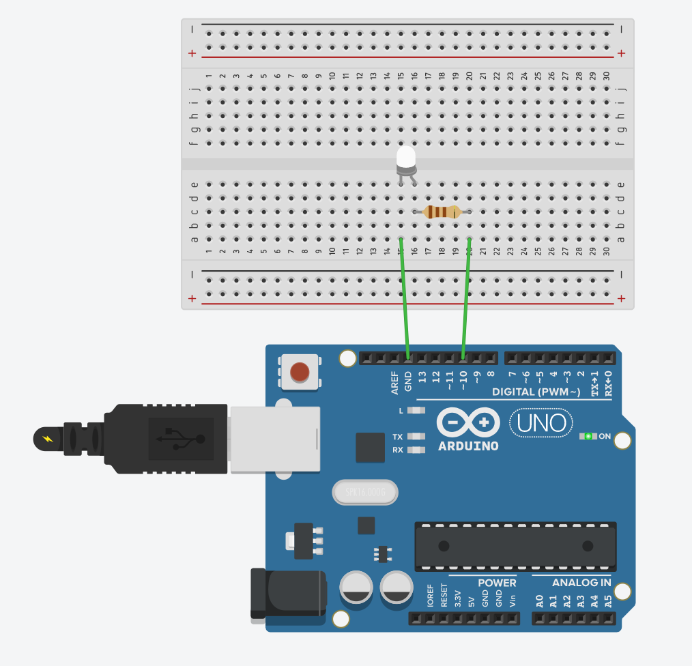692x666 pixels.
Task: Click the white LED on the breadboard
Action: click(406, 159)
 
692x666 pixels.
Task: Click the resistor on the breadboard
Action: click(442, 212)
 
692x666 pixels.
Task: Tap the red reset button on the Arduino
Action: click(300, 372)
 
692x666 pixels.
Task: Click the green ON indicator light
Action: click(588, 436)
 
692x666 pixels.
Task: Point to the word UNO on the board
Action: click(541, 423)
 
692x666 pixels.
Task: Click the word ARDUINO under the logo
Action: click(468, 446)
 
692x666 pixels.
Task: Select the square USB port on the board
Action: click(274, 439)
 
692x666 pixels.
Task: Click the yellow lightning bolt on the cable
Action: click(47, 438)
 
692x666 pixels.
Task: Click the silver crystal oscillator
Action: click(364, 492)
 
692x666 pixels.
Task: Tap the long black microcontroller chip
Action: click(515, 546)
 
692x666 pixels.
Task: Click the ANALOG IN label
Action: click(581, 583)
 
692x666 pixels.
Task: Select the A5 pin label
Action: click(608, 601)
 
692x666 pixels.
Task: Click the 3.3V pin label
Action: click(458, 598)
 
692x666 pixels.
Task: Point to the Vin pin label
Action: click(513, 600)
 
